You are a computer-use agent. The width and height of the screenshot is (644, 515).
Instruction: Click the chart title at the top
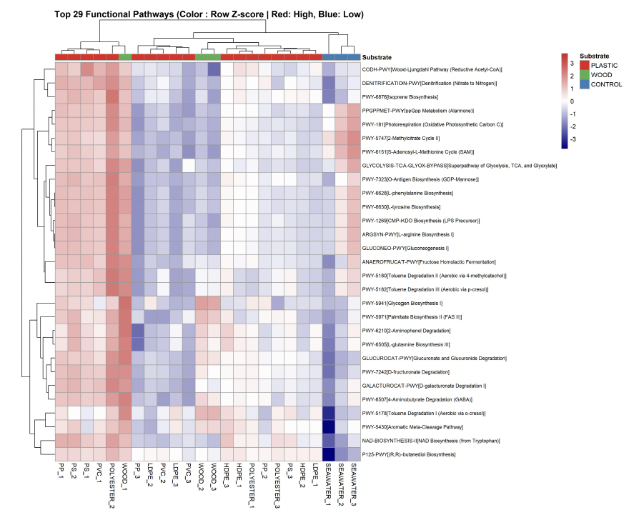pos(209,14)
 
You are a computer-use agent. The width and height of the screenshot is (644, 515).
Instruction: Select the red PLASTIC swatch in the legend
pos(585,65)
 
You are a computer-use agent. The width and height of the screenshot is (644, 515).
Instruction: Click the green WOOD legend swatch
pos(585,75)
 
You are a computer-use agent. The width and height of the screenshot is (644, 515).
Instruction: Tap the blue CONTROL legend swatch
pos(585,84)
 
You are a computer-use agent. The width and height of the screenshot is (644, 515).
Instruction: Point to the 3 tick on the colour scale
pos(572,64)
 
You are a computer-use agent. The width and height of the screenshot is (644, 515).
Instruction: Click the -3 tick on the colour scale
pos(573,139)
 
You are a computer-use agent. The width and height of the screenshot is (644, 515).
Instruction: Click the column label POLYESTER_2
pos(112,486)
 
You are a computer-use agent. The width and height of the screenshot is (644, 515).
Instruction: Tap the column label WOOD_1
pos(124,476)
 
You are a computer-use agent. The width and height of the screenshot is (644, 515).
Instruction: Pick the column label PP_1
pos(61,471)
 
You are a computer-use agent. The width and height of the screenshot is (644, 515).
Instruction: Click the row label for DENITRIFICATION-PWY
pos(430,84)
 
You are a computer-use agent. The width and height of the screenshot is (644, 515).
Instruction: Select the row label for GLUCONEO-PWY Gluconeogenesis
pos(405,249)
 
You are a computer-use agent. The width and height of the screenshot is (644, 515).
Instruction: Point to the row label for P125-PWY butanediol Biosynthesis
pos(409,454)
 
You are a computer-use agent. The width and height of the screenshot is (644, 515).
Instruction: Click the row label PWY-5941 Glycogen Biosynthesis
pos(402,304)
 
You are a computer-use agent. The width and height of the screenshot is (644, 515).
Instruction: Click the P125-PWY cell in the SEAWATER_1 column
pos(328,454)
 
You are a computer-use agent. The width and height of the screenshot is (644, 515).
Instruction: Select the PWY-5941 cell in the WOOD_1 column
pos(125,304)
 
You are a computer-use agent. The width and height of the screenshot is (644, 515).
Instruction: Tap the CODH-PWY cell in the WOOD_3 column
pos(214,69)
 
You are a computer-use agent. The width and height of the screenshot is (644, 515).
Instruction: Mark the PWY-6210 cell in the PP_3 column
pos(137,331)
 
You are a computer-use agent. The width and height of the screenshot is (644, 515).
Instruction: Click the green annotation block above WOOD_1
pos(125,57)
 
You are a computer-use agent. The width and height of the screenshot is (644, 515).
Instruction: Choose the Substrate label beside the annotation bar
pos(377,57)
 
